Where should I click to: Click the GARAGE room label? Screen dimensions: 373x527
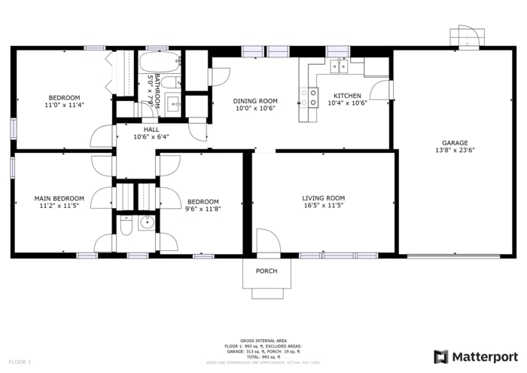pos(455,142)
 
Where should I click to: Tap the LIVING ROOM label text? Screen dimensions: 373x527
pos(324,198)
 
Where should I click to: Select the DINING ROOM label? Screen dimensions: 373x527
pos(255,101)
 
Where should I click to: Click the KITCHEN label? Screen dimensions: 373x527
pos(348,96)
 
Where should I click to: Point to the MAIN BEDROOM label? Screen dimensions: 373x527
pos(59,198)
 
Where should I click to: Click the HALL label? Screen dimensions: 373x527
pos(151,130)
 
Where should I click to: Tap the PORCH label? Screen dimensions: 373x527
pos(267,271)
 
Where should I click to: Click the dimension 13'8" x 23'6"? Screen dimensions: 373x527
pos(455,150)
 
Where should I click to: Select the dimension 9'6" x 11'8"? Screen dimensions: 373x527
pos(203,209)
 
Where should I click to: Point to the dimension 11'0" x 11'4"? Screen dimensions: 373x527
pos(64,105)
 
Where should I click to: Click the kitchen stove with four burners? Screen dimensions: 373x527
pos(309,96)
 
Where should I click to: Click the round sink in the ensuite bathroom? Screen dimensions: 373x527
pos(146,222)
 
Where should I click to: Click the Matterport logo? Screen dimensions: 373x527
pos(476,356)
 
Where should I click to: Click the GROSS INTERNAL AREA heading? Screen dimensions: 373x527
pos(263,341)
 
